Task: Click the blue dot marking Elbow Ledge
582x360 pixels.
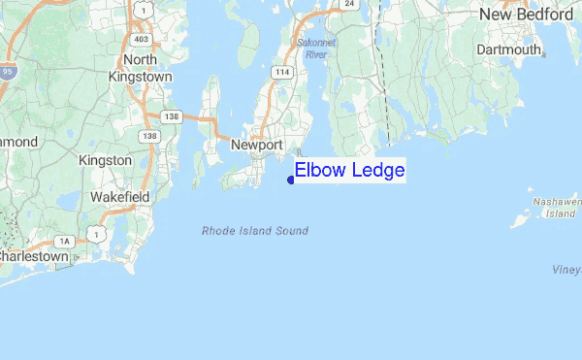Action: coord(291,179)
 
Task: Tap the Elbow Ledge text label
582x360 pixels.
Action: coord(349,171)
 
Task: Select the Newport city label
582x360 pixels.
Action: coord(256,145)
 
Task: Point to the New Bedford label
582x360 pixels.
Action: coord(527,15)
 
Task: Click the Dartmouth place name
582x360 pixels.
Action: coord(508,49)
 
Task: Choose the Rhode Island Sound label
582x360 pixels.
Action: coord(255,231)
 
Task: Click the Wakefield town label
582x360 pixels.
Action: coord(119,196)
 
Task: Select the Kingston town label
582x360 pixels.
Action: coord(105,159)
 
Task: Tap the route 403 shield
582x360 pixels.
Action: coord(142,40)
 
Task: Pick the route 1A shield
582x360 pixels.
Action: coord(65,241)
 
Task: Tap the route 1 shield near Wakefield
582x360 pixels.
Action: coord(96,233)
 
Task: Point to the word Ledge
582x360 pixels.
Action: coord(375,171)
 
